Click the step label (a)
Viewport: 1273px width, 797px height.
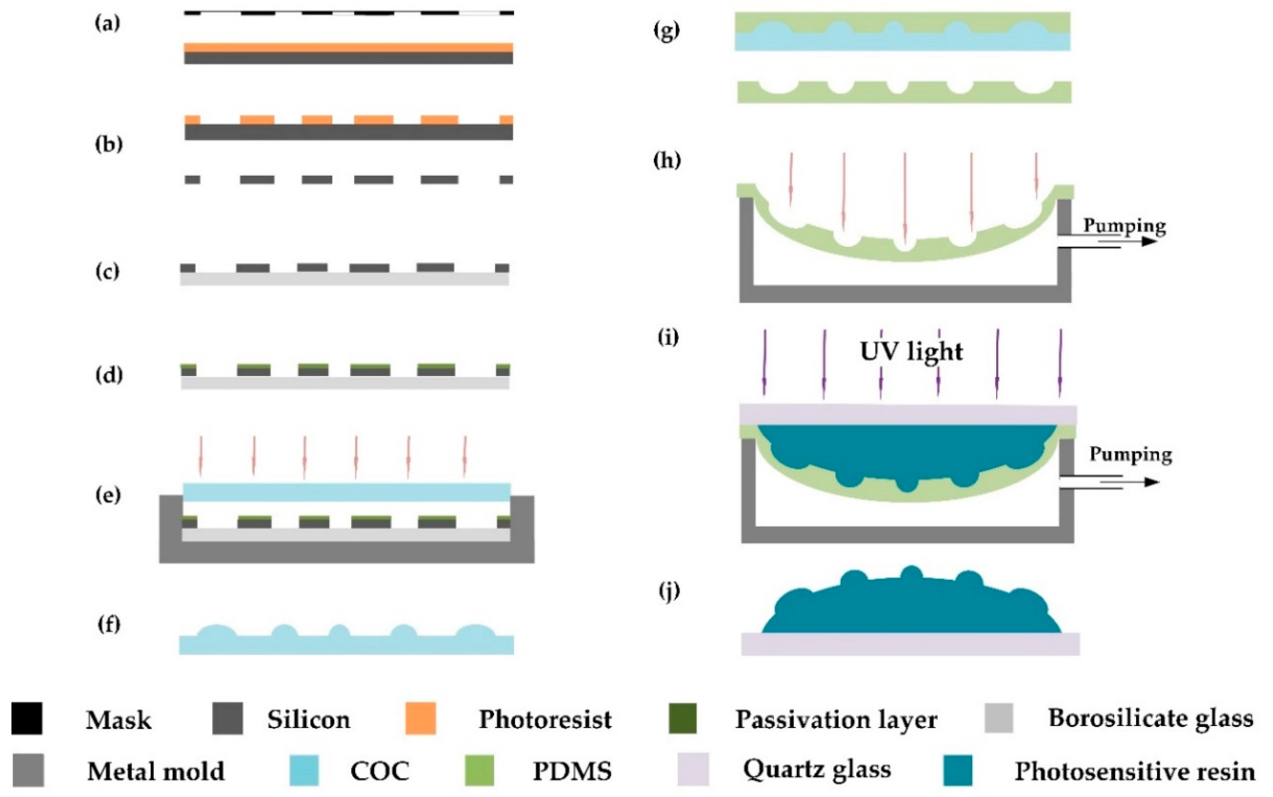click(x=108, y=23)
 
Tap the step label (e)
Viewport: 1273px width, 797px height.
click(x=108, y=495)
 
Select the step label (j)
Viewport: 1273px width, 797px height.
click(x=669, y=592)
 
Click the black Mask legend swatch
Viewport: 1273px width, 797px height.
click(x=27, y=718)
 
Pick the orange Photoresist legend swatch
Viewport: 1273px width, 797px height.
click(x=420, y=718)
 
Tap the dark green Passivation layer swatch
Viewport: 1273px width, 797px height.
click(x=682, y=718)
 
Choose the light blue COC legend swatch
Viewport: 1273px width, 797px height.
click(x=304, y=770)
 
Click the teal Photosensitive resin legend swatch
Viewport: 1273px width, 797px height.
click(x=957, y=770)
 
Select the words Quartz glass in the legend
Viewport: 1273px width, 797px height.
click(x=817, y=770)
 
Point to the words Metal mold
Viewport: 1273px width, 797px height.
click(x=156, y=771)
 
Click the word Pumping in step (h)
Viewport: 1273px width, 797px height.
click(x=1124, y=226)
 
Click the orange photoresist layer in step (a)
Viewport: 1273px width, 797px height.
click(x=348, y=47)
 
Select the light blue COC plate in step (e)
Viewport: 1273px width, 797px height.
click(x=347, y=492)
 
